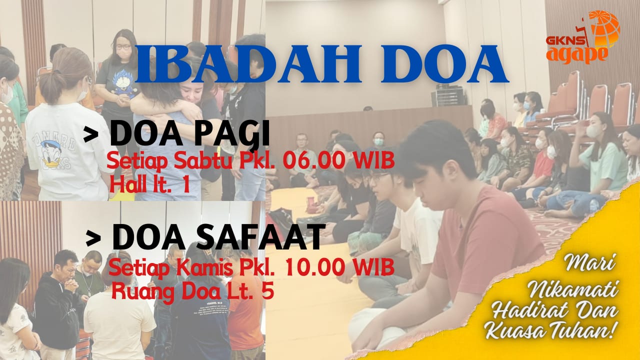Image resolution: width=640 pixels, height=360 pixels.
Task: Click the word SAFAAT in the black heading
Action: (x=256, y=237)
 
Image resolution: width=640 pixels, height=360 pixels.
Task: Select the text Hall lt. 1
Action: (x=149, y=184)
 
